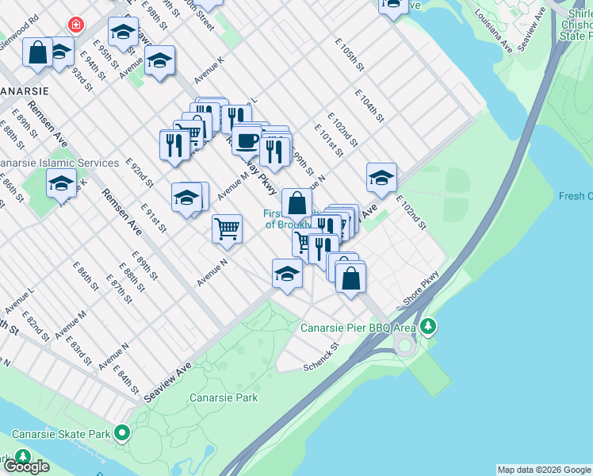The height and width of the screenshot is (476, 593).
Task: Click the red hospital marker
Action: coord(76,25)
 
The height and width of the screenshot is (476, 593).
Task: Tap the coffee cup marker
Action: coord(247,140)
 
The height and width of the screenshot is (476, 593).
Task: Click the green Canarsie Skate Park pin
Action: coord(122,434)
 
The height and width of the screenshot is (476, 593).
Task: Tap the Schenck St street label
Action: coord(321,357)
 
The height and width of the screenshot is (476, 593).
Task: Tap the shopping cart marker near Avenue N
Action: coord(227,229)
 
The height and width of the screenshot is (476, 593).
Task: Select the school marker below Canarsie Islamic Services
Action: coord(61,183)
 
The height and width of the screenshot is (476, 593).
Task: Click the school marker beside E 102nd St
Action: coord(381,178)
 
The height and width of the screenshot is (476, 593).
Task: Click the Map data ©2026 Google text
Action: coord(544,470)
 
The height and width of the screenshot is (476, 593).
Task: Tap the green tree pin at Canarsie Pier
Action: coord(429,326)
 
